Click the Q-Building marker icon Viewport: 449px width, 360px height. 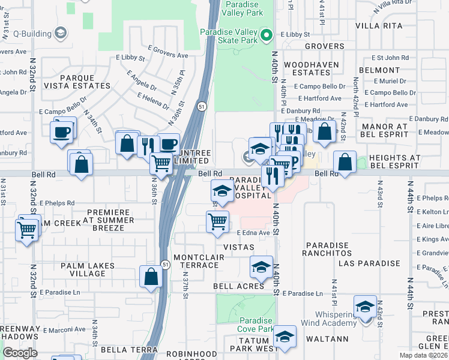pos(61,33)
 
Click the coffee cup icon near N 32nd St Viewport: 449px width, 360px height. pos(62,131)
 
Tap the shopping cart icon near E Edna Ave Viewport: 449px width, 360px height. pos(217,222)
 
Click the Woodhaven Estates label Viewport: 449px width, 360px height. pos(307,68)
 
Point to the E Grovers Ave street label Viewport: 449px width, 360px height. pos(167,52)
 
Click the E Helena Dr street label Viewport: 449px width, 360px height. pos(154,100)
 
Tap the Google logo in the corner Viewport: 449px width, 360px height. pos(20,353)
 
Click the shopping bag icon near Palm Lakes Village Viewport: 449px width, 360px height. pos(151,277)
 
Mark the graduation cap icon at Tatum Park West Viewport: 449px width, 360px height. pos(285,337)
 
